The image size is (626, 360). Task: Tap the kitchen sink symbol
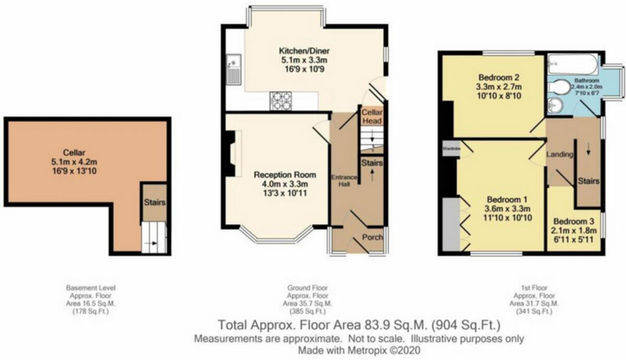(232, 69)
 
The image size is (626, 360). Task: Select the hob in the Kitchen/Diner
(280, 101)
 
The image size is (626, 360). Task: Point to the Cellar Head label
(372, 117)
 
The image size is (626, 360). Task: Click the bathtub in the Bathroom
(572, 65)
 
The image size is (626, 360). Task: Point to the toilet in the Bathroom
(561, 86)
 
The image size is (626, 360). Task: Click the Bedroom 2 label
(492, 77)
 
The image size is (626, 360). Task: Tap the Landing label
(559, 155)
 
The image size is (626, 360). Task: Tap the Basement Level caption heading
(91, 287)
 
